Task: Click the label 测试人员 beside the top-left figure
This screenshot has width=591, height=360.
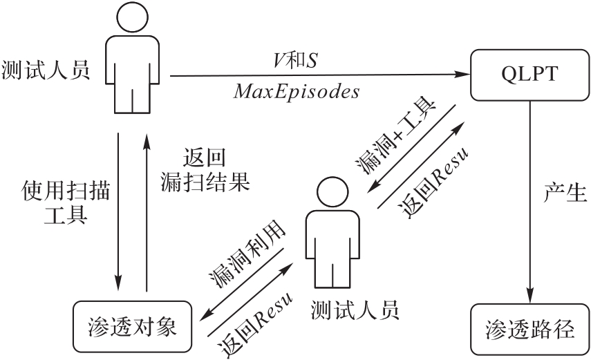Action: [46, 70]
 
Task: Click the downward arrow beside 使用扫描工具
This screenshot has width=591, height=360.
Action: [118, 207]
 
